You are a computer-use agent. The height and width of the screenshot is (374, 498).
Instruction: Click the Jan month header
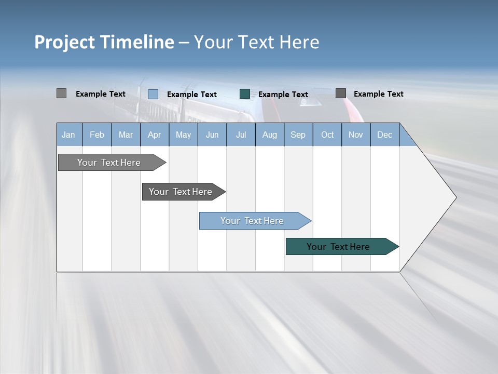69,135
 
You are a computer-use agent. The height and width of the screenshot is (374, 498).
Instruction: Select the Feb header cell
97,135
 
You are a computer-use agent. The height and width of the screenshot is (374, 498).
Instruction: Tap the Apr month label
154,135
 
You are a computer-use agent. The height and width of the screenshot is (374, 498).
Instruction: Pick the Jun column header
212,135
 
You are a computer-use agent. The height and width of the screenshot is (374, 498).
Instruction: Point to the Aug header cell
269,135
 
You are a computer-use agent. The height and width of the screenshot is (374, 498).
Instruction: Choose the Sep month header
298,135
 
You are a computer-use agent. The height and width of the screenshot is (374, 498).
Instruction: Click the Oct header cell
327,135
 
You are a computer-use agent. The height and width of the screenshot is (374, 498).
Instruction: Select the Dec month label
384,135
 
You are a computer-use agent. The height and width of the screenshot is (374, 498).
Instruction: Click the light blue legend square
153,94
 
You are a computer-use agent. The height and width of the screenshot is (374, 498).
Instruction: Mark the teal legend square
245,94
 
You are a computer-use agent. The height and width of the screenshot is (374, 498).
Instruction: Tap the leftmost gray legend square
61,94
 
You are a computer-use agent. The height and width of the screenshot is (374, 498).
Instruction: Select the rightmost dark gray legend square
341,94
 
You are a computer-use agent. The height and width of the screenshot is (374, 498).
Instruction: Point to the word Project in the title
64,42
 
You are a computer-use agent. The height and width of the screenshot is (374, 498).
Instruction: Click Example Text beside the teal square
283,95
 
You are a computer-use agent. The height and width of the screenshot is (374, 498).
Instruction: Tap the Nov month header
356,135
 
